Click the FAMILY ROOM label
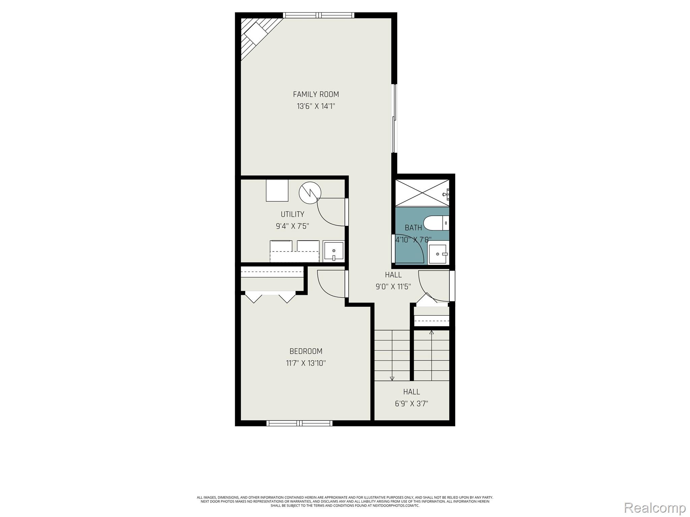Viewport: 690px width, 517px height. tap(316, 94)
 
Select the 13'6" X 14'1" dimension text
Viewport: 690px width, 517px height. tap(316, 106)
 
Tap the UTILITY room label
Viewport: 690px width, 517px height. tap(292, 214)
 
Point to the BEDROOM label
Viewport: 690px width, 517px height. tap(306, 351)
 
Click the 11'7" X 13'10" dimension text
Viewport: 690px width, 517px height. tap(306, 363)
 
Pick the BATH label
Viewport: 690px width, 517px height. tap(413, 228)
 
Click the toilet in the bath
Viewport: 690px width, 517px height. tap(436, 223)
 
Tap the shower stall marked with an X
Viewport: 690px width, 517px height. tap(422, 193)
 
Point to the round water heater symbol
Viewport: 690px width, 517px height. tap(310, 193)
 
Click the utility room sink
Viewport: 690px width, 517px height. tap(334, 251)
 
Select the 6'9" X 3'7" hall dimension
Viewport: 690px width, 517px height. tap(411, 404)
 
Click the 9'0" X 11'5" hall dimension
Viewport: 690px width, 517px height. tap(393, 287)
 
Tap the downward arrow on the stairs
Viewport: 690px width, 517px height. tap(392, 378)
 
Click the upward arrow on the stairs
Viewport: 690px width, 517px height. tap(432, 333)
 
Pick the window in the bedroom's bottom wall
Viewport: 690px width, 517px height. tap(300, 423)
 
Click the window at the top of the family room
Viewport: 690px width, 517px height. tap(318, 15)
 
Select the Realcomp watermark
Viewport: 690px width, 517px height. tap(655, 508)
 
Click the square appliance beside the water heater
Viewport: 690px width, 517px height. tap(277, 191)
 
